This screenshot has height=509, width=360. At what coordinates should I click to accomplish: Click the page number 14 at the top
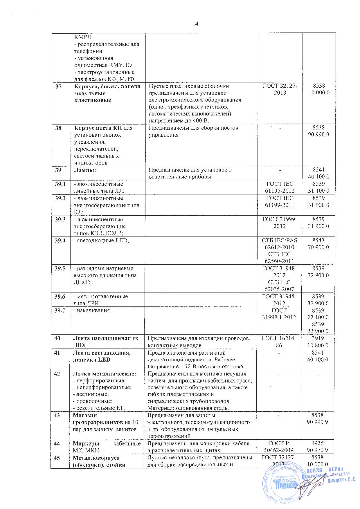point(195,24)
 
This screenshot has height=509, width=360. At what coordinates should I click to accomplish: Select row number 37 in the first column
point(59,86)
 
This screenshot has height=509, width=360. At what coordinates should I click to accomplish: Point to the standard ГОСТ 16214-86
point(279,342)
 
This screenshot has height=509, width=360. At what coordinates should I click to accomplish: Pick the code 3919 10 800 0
point(318,342)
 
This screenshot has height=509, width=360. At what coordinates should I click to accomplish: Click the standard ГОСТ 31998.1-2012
point(279,314)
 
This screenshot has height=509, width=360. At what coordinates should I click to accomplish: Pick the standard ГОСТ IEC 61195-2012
point(280,187)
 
